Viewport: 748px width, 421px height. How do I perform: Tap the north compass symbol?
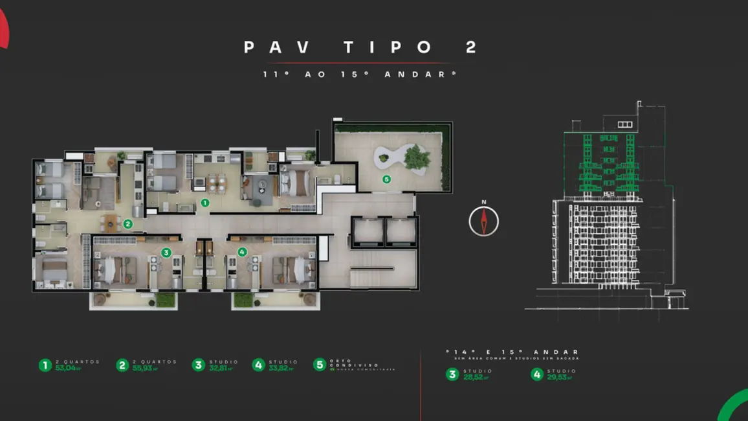[x=484, y=222]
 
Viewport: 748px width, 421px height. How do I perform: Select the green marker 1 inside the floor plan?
[x=204, y=203]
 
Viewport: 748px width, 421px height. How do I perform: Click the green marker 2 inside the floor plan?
[x=128, y=225]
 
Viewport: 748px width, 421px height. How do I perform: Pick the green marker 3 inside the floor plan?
[x=166, y=253]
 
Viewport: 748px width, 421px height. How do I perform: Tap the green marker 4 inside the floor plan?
[x=242, y=252]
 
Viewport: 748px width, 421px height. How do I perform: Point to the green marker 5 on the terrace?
[x=386, y=179]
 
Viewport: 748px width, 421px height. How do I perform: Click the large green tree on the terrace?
[x=417, y=157]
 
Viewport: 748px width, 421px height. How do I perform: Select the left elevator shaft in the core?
[x=366, y=231]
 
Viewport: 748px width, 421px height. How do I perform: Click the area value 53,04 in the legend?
[x=67, y=368]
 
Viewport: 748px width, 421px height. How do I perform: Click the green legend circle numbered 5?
[x=320, y=365]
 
